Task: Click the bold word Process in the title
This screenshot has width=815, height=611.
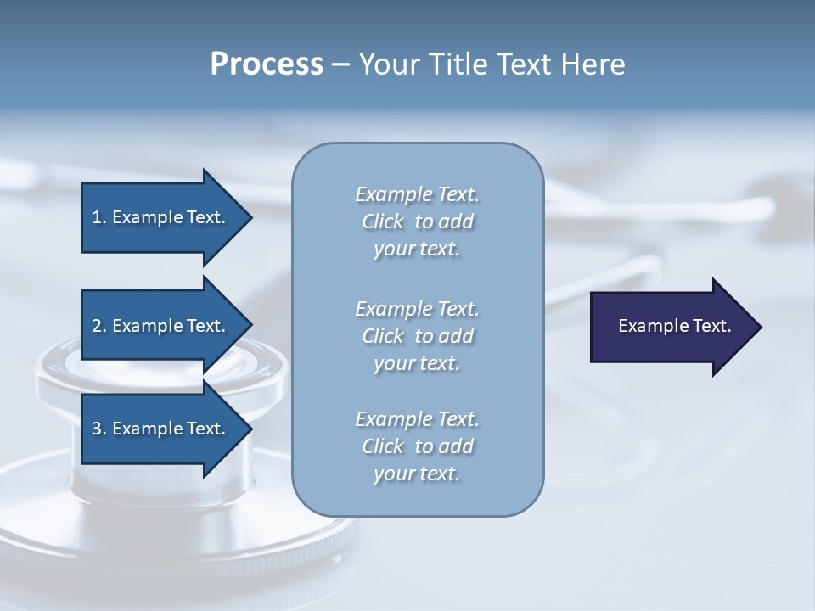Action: point(267,64)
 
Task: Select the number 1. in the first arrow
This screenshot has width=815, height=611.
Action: point(99,217)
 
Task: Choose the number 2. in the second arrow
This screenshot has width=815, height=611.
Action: point(99,326)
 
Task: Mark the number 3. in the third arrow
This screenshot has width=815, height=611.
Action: point(99,429)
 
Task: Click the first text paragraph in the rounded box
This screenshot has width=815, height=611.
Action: point(417,221)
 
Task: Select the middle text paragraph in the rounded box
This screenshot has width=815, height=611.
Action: point(417,336)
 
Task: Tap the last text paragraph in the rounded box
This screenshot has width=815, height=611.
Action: point(417,446)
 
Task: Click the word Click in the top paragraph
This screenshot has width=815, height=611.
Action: point(383,221)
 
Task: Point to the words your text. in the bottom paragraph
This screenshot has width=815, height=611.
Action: point(417,474)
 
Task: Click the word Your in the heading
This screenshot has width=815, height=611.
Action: point(387,64)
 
